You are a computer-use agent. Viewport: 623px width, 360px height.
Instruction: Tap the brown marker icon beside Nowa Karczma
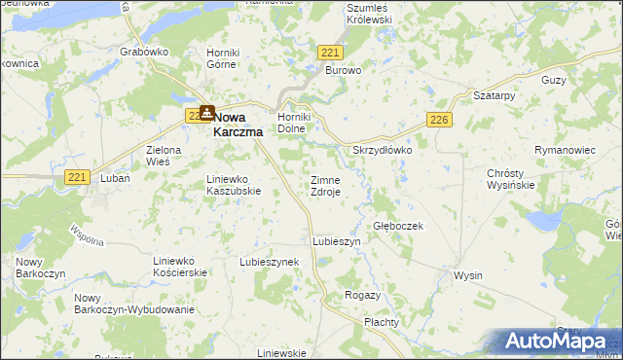point(207,113)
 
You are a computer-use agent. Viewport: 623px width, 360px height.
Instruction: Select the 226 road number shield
point(438,120)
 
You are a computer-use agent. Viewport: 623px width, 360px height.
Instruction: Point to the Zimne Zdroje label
point(325,187)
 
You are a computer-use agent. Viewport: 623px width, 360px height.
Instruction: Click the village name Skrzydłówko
point(383,151)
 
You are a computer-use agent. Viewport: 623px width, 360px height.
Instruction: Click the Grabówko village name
point(144,51)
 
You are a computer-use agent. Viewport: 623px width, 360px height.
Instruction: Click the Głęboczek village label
point(397,225)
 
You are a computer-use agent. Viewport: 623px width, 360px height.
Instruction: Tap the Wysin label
point(467,275)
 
